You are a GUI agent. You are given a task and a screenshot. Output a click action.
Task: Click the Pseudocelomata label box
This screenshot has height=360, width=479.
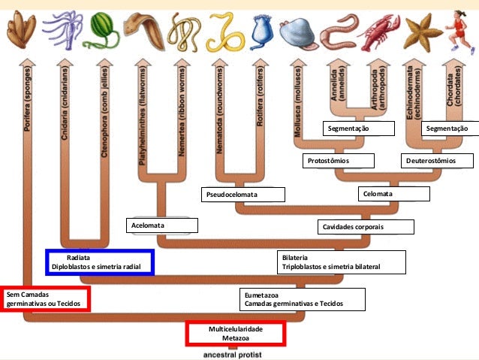click(245, 195)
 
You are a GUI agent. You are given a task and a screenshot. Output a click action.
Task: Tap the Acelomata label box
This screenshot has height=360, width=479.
click(162, 225)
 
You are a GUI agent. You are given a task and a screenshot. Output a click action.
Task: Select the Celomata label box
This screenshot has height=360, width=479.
click(393, 194)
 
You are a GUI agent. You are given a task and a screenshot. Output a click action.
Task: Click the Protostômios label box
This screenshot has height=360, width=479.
click(338, 161)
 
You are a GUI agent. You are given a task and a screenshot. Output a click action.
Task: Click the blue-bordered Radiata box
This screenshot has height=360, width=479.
click(100, 262)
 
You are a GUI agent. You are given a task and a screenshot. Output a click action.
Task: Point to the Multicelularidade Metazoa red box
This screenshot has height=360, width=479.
click(235, 334)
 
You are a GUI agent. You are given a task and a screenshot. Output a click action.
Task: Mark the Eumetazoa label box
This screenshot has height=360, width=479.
click(303, 300)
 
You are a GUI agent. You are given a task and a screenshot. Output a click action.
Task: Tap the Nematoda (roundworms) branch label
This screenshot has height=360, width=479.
click(221, 113)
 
